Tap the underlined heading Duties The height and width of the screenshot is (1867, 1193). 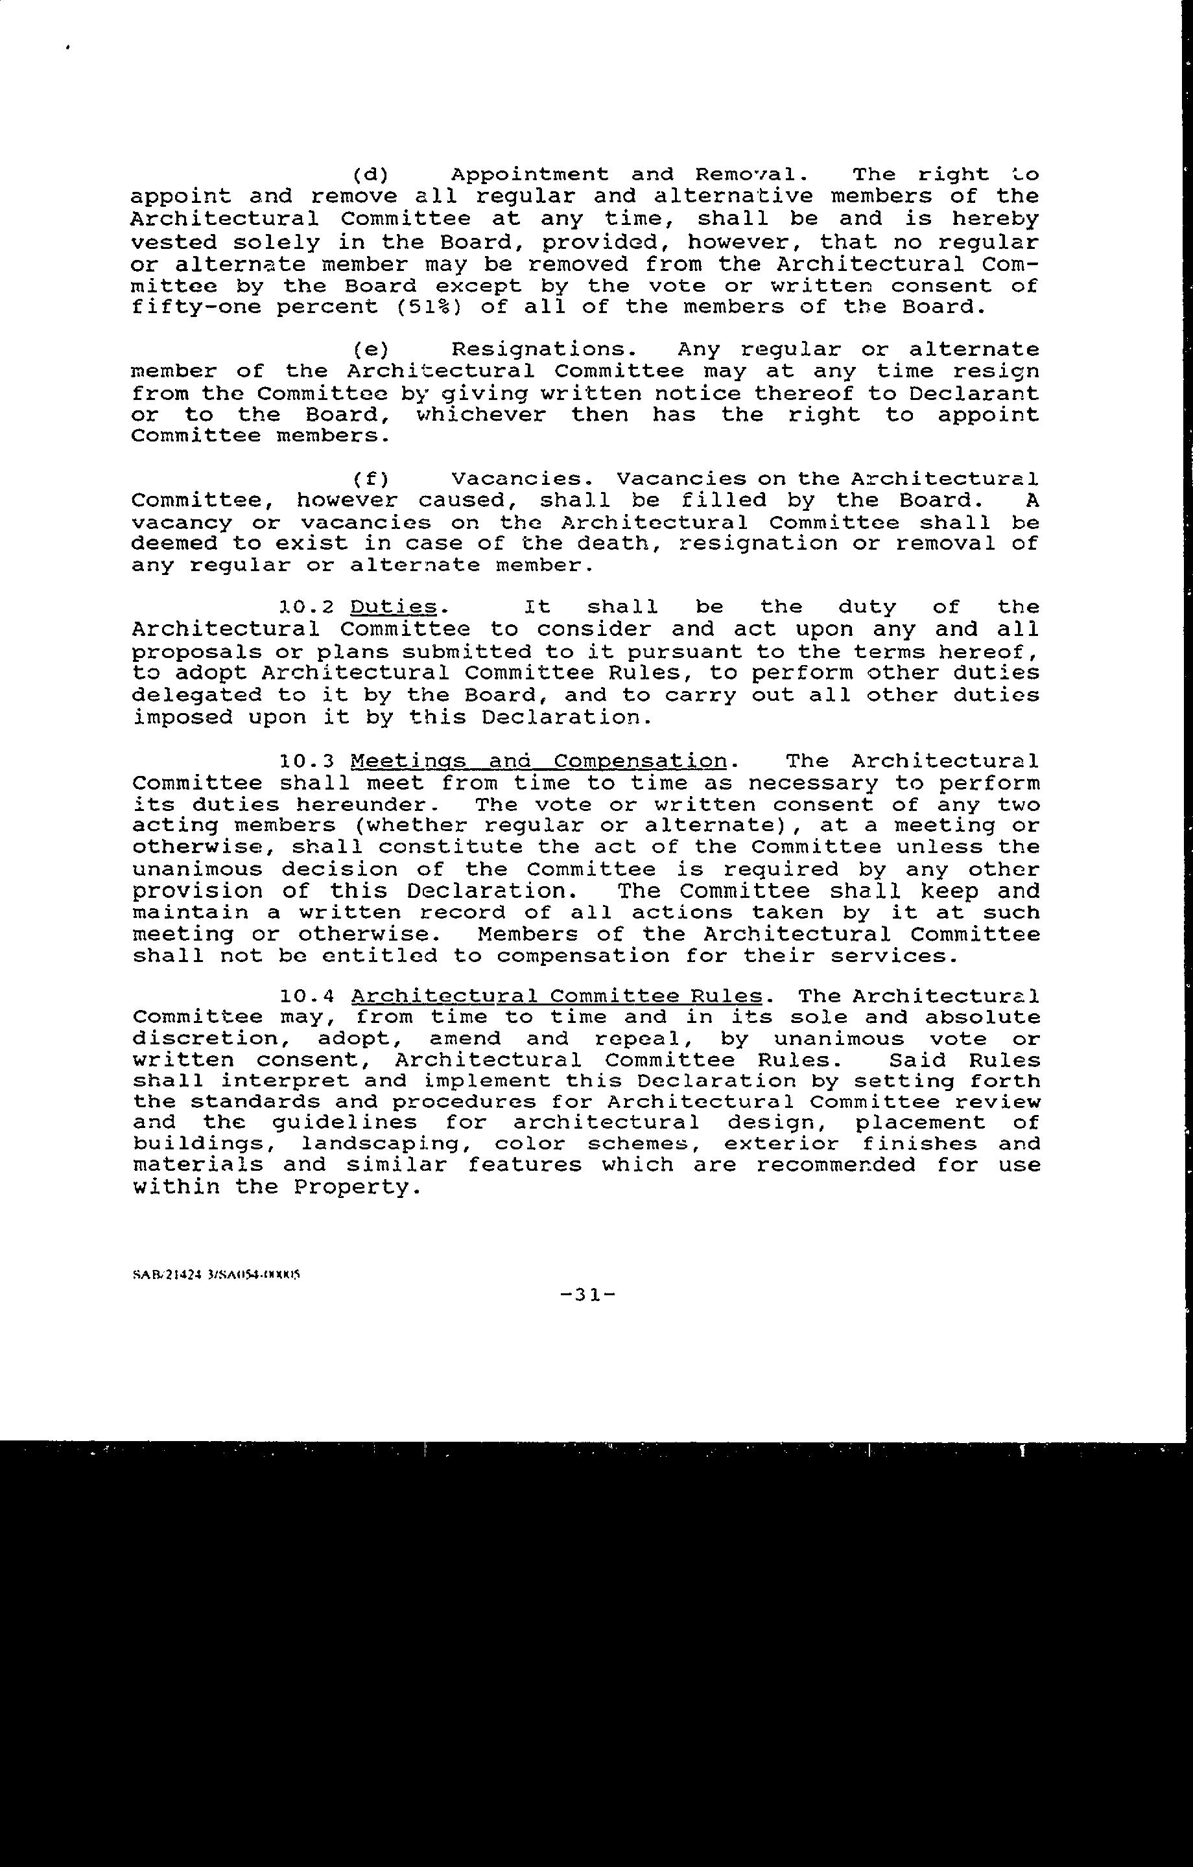click(x=394, y=606)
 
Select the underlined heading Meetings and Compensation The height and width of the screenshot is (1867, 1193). click(x=538, y=761)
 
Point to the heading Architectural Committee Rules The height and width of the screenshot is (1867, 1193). click(x=556, y=996)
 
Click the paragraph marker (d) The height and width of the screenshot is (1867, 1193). click(x=370, y=174)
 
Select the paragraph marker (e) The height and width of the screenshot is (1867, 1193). click(x=370, y=349)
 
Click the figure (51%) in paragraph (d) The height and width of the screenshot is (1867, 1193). click(x=429, y=307)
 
